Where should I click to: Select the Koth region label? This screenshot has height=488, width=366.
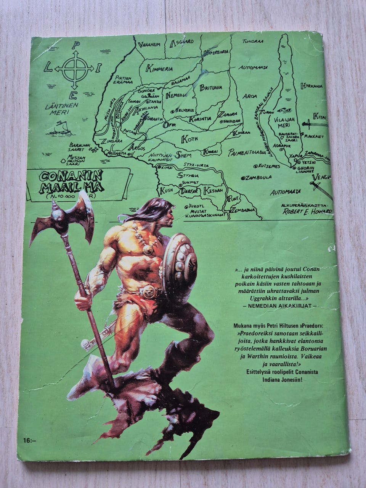[x=189, y=139]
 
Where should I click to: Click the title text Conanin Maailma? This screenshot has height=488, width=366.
[x=71, y=181]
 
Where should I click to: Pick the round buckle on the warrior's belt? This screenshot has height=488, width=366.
[x=149, y=292]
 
